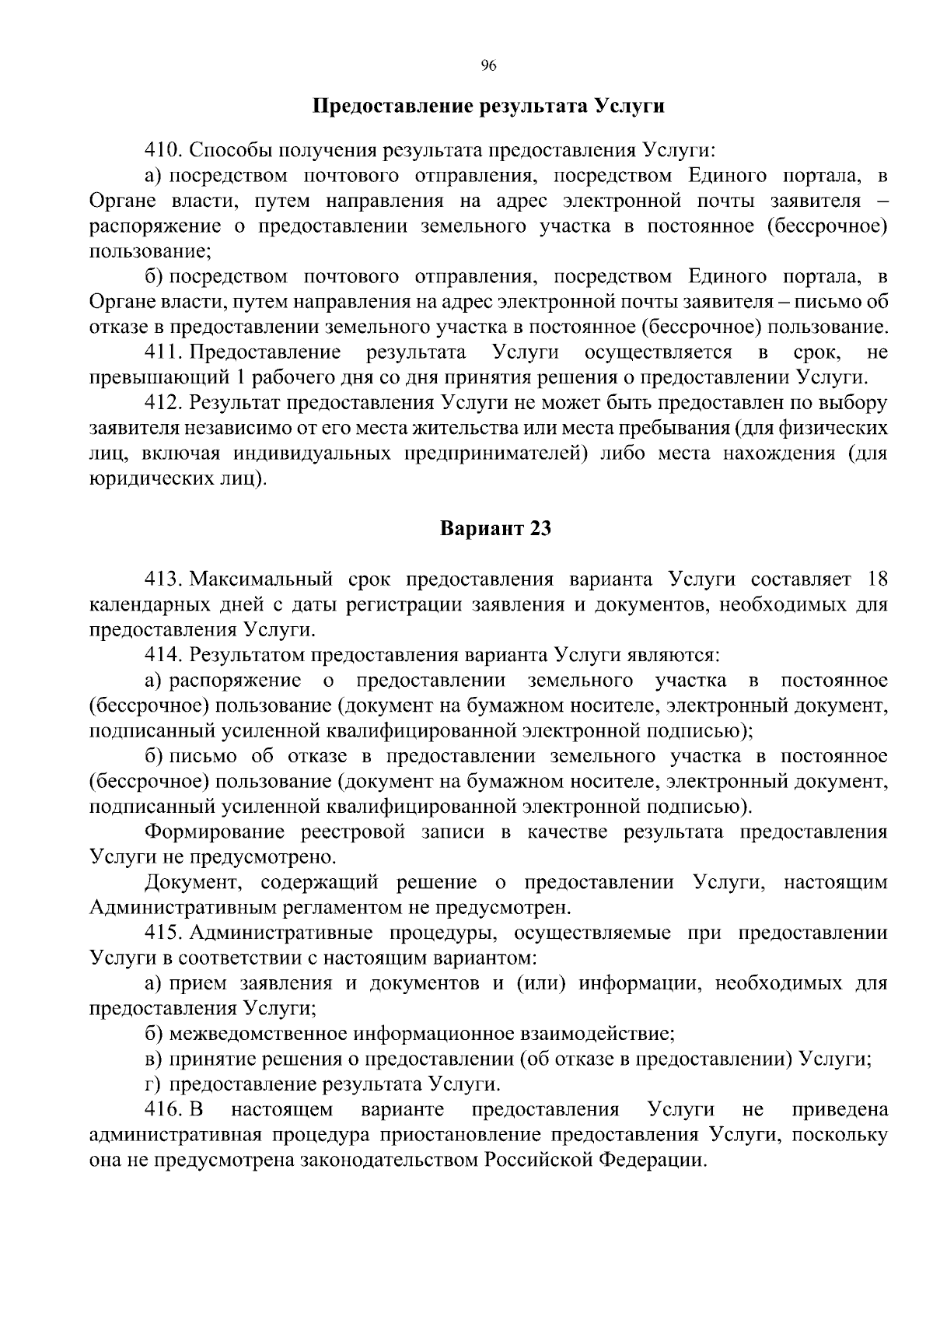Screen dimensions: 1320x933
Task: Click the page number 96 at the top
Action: click(488, 65)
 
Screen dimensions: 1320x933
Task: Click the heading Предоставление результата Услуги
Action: click(488, 106)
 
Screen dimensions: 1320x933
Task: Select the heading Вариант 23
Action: click(495, 529)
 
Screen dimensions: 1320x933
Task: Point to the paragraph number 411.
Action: click(162, 352)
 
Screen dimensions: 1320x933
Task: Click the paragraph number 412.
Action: click(162, 403)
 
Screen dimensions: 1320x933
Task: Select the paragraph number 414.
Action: click(162, 655)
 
